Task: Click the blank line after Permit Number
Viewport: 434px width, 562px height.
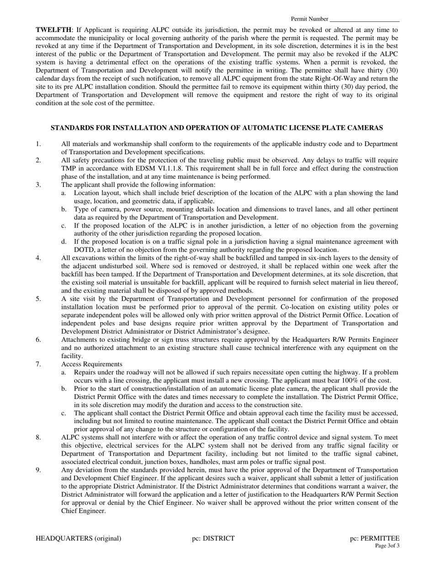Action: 364,19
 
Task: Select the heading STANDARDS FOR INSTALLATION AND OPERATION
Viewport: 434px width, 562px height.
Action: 217,128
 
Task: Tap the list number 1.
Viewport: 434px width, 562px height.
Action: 38,144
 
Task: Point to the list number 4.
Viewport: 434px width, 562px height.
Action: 38,258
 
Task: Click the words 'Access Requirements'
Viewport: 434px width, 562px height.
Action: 91,364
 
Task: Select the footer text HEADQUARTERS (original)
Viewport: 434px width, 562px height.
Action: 79,538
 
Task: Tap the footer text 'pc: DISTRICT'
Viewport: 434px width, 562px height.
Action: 213,538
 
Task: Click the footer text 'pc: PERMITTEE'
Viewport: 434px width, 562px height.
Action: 375,538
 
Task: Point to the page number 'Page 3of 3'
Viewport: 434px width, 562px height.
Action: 387,546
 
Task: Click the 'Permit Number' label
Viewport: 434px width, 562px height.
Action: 309,19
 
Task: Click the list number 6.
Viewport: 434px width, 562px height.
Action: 38,340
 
